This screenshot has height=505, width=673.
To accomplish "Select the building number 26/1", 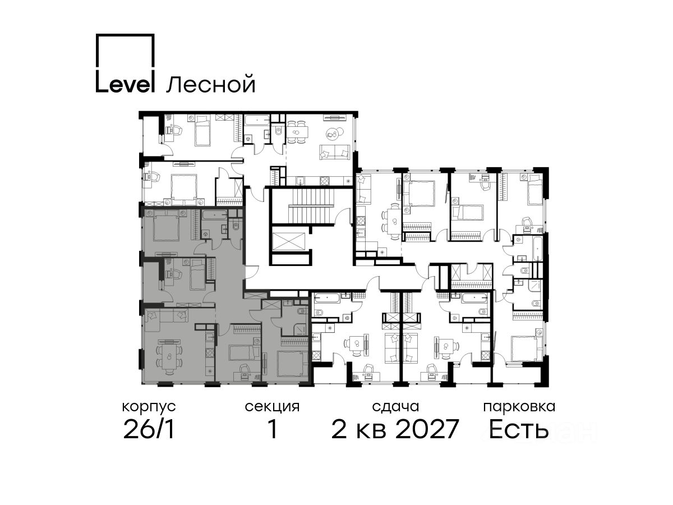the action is [149, 429].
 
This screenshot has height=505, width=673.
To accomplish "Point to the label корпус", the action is [149, 407].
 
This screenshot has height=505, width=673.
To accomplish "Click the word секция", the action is [272, 407].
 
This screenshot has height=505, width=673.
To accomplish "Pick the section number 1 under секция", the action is [272, 429].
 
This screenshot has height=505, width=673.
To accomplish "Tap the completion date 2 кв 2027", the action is [395, 429].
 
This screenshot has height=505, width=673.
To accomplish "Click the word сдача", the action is [395, 407].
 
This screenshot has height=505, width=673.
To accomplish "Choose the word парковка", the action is [519, 407].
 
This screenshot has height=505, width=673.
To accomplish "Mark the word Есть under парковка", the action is [518, 429].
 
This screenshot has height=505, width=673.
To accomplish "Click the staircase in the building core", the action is [310, 207].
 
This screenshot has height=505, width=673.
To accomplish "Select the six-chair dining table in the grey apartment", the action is [168, 357].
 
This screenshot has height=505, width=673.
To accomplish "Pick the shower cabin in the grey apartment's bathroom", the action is [300, 330].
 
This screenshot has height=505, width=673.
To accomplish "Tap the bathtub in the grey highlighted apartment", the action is [214, 215].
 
